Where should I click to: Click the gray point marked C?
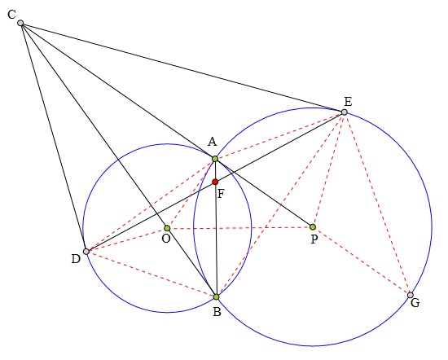[20, 23]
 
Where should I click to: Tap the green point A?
[215, 159]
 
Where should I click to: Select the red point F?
[215, 182]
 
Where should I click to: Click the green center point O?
[167, 228]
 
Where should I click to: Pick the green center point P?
[313, 227]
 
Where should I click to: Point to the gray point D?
[86, 252]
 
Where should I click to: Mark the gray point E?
[345, 112]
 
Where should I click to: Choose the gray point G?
[411, 295]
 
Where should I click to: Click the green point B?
[217, 296]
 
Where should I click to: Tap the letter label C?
[11, 15]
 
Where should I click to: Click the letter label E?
[348, 102]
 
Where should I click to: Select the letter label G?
[415, 302]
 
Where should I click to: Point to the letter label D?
[76, 259]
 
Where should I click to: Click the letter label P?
[314, 239]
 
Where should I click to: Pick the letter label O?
[166, 238]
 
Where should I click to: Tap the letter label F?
[221, 194]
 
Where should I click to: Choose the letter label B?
[217, 311]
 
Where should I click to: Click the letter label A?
[212, 142]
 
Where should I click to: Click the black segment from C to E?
[182, 68]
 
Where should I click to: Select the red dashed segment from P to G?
[362, 261]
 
